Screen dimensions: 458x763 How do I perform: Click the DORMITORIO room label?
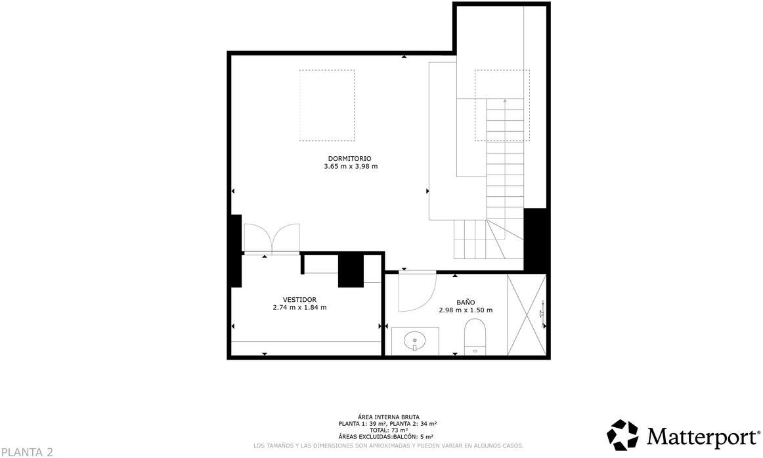pyautogui.click(x=350, y=158)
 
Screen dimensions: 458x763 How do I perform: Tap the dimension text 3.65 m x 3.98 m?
pyautogui.click(x=351, y=167)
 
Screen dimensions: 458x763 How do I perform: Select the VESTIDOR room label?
pyautogui.click(x=299, y=299)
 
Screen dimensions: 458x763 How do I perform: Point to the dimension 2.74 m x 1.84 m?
pyautogui.click(x=299, y=307)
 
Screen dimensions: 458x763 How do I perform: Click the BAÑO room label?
pyautogui.click(x=466, y=302)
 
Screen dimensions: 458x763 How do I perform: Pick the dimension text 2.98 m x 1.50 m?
pyautogui.click(x=466, y=310)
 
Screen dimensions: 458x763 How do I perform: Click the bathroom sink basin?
pyautogui.click(x=414, y=341)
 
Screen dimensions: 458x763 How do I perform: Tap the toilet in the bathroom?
pyautogui.click(x=474, y=335)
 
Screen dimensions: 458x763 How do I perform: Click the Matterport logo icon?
pyautogui.click(x=622, y=435)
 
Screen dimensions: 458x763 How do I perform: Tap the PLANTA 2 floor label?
pyautogui.click(x=27, y=451)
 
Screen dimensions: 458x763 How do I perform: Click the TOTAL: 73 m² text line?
pyautogui.click(x=387, y=430)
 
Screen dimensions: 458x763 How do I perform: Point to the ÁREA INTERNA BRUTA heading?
pyautogui.click(x=387, y=417)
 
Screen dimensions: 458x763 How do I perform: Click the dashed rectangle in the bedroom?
pyautogui.click(x=327, y=105)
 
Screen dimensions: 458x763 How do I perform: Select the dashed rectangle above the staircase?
pyautogui.click(x=502, y=105)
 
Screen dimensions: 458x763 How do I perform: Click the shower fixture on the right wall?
pyautogui.click(x=542, y=314)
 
